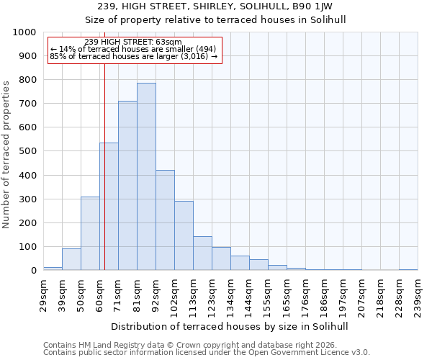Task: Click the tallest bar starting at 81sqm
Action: tap(146, 176)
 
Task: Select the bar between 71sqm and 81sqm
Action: tap(127, 186)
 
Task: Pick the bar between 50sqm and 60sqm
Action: tap(90, 233)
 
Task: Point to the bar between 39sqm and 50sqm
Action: tap(71, 259)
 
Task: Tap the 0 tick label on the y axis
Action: tap(34, 271)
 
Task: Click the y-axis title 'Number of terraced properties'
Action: tap(6, 154)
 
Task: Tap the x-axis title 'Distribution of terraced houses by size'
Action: tap(230, 326)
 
